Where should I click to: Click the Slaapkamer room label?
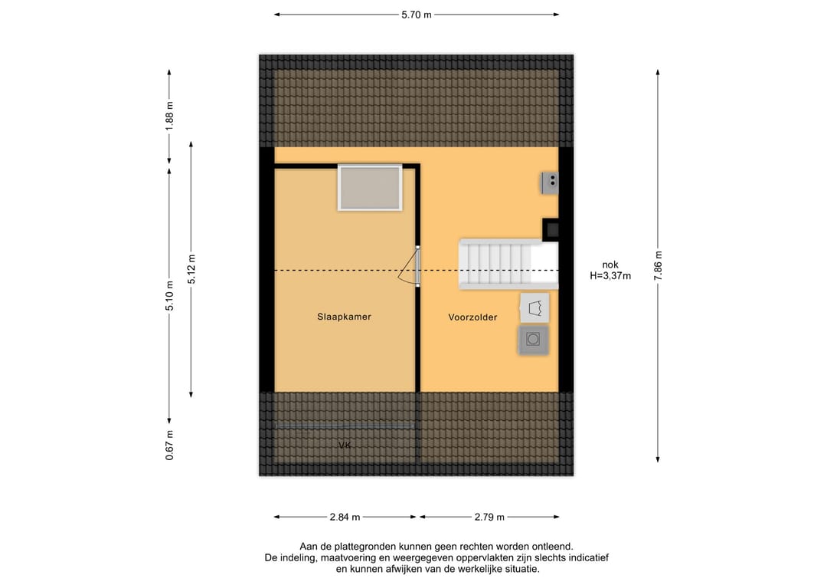coord(344,317)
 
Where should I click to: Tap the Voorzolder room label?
coord(472,317)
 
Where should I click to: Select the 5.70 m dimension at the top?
coord(416,15)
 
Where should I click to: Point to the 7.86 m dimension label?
coord(658,266)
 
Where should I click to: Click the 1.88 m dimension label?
coord(169,117)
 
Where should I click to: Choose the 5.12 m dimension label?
coord(191,269)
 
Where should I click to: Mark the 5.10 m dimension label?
coord(169,295)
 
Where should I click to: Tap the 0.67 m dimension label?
coord(169,445)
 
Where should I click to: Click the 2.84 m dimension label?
coord(345,518)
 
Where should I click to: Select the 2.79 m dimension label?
coord(489,518)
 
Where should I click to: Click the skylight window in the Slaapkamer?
coord(370,187)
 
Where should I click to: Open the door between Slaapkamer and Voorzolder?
coord(409,266)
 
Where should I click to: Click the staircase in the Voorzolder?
coord(508,264)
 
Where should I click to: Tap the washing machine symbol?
coord(533,340)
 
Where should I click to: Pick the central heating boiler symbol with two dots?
coord(550,182)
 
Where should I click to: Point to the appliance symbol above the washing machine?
coord(534,307)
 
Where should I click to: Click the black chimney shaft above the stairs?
coord(551,230)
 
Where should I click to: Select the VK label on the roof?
coord(345,445)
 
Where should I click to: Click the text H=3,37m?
coord(610,275)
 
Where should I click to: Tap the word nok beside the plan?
coord(610,265)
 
